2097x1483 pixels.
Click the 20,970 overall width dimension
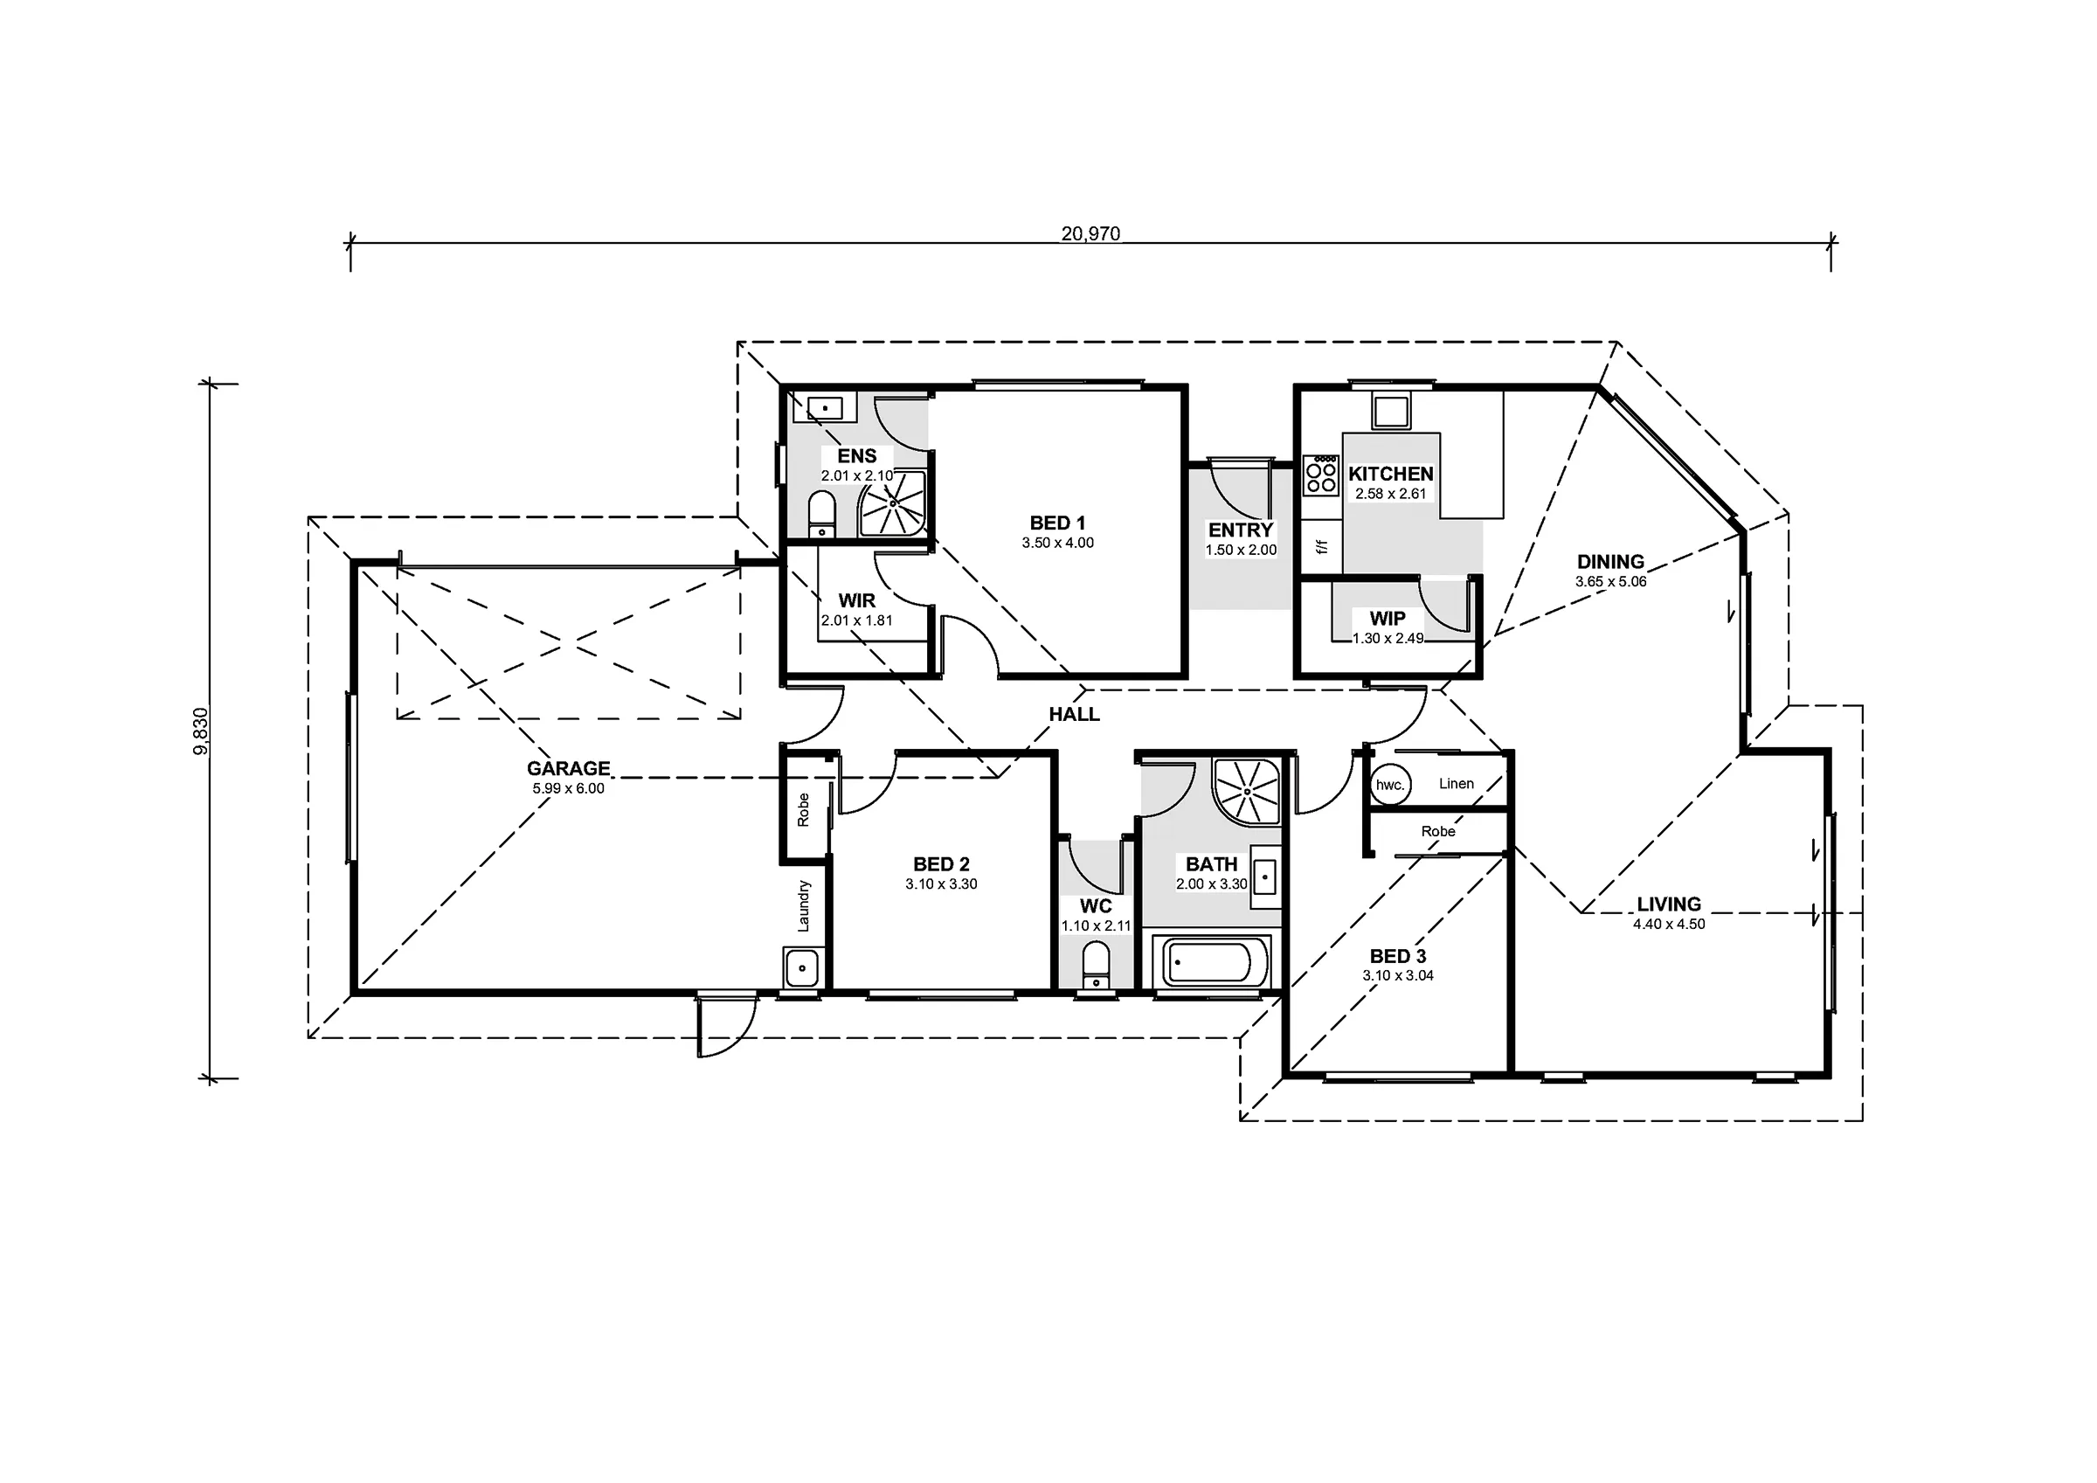coord(1090,233)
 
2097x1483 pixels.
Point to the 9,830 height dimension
coord(201,731)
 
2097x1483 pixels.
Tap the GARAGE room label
coord(568,768)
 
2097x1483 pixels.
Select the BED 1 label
coord(1057,523)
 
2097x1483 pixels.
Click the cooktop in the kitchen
coord(1320,475)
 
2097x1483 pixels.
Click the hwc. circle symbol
coord(1390,784)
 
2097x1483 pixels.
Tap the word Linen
coord(1456,783)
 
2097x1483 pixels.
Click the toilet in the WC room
coord(1095,965)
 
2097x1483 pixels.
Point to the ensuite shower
coord(892,503)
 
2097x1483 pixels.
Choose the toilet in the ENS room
coord(822,514)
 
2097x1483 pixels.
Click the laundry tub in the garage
coord(803,967)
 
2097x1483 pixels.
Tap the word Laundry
coord(804,905)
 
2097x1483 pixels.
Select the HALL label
coord(1074,714)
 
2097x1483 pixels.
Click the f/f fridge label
coord(1320,546)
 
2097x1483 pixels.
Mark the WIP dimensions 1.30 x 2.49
coord(1388,638)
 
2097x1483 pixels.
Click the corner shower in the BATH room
coord(1247,791)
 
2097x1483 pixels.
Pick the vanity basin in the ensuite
coord(824,407)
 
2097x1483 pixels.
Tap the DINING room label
coord(1610,561)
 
